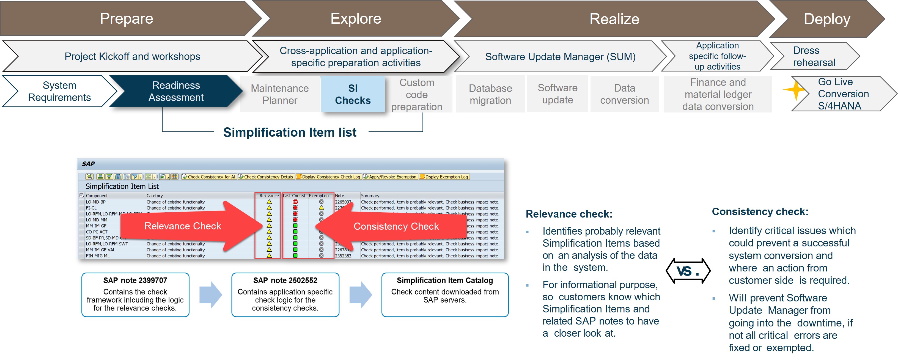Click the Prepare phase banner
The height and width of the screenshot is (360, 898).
127,18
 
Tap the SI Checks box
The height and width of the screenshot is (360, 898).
353,94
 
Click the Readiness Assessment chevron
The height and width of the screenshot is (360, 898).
176,91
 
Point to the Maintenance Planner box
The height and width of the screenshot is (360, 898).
280,94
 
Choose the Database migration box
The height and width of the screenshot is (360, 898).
490,94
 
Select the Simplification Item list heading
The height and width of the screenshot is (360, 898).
290,133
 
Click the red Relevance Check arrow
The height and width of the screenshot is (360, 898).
188,226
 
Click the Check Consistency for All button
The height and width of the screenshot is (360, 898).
209,177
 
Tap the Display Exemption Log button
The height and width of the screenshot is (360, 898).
444,177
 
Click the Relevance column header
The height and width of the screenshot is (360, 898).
269,196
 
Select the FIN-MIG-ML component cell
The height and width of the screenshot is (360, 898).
98,256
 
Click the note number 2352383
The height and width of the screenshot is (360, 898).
343,256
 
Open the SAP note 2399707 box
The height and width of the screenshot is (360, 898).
135,295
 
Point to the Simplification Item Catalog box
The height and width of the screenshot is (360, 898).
445,295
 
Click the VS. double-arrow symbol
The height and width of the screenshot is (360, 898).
688,271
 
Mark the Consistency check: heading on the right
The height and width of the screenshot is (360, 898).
760,211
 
